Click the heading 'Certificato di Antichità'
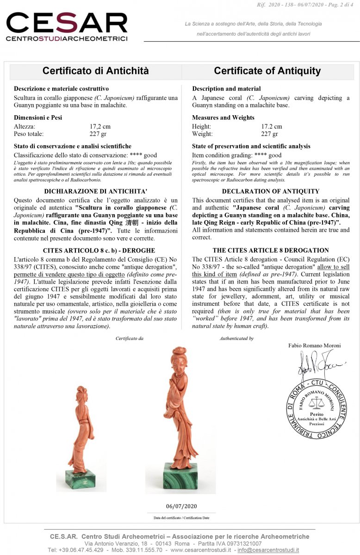coord(96,71)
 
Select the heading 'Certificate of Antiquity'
coord(267,71)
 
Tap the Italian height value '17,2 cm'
coord(100,126)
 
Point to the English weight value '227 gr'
coord(269,134)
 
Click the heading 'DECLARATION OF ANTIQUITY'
coord(271,191)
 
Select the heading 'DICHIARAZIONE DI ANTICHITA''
coord(95,191)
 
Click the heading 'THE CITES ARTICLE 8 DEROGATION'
coord(271,250)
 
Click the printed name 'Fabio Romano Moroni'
coord(314,345)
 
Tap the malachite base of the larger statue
coord(180,476)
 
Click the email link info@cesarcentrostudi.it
coord(268,550)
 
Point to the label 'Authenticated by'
coord(236,339)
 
